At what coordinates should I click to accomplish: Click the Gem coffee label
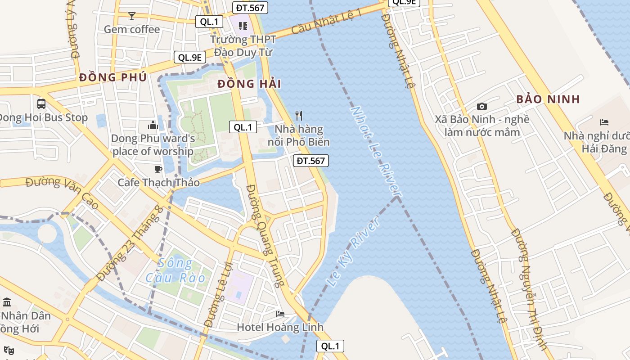[x=131, y=30]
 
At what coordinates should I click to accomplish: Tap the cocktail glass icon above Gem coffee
[x=131, y=16]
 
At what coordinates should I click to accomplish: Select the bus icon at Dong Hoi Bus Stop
[x=41, y=104]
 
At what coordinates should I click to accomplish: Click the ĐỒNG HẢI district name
[x=249, y=84]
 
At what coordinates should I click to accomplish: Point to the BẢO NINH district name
[x=548, y=99]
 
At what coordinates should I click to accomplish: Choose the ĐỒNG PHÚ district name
[x=112, y=77]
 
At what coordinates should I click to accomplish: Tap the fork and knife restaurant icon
[x=298, y=116]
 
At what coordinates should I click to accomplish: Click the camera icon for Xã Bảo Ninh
[x=482, y=107]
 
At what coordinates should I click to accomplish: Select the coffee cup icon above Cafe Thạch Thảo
[x=158, y=169]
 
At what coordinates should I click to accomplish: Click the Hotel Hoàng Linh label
[x=280, y=327]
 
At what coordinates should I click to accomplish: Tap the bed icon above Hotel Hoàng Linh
[x=280, y=314]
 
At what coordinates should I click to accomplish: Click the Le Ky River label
[x=353, y=252]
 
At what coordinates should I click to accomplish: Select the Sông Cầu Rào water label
[x=175, y=270]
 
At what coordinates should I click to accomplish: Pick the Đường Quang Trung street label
[x=265, y=235]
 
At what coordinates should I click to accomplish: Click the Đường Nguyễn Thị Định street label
[x=530, y=288]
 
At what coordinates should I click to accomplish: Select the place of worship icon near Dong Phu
[x=153, y=125]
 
